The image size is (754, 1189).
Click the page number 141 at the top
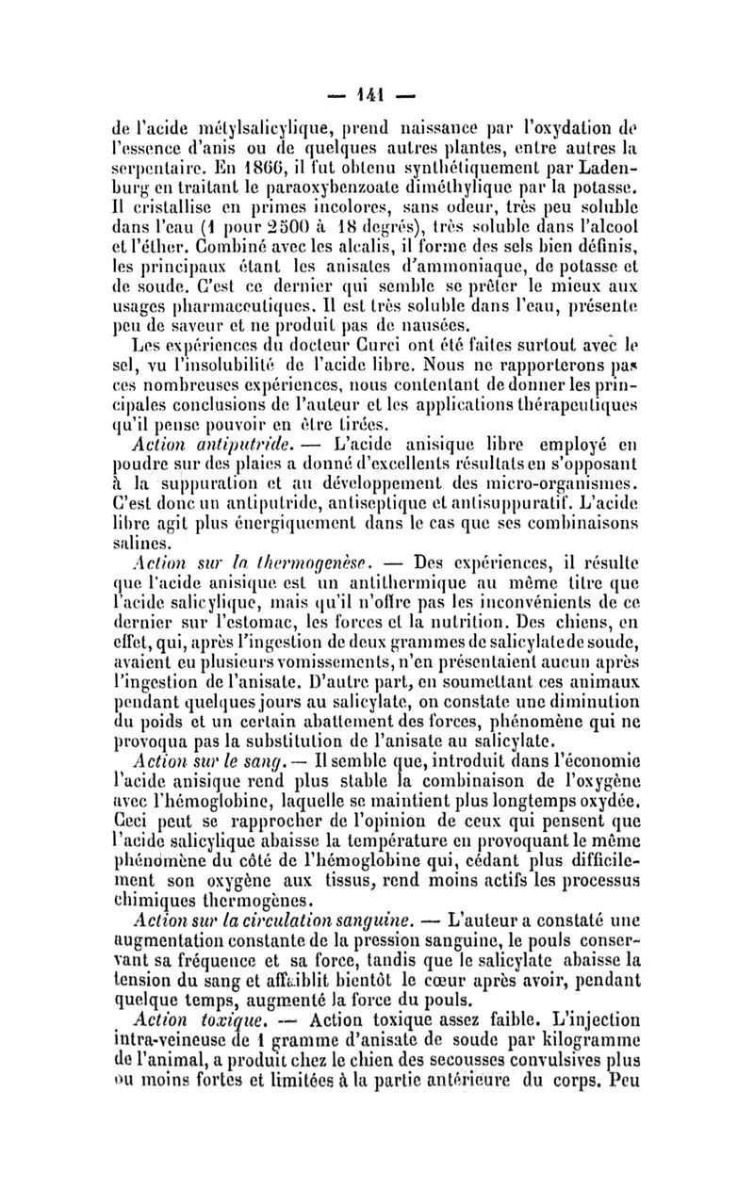[x=375, y=95]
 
